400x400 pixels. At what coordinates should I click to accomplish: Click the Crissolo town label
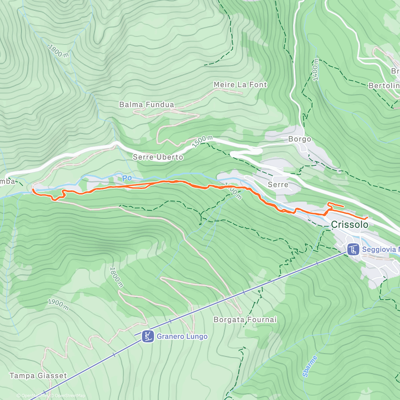[349, 225]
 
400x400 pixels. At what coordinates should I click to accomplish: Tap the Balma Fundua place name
[147, 105]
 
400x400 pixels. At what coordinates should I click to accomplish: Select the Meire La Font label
[240, 85]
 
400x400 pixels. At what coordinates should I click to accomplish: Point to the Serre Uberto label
[158, 157]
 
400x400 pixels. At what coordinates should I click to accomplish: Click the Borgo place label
[299, 139]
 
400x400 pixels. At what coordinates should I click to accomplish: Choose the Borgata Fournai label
[245, 320]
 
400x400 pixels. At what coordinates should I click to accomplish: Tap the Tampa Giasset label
[38, 376]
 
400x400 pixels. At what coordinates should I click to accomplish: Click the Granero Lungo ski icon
[147, 336]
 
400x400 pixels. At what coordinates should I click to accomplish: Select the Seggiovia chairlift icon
[353, 249]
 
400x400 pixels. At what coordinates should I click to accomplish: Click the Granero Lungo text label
[182, 336]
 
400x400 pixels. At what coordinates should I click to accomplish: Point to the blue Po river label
[127, 178]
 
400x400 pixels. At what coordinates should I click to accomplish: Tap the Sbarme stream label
[310, 366]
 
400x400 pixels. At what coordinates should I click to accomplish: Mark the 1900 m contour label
[58, 305]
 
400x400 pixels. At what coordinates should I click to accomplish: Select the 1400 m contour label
[315, 70]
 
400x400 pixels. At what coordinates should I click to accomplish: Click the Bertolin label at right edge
[384, 86]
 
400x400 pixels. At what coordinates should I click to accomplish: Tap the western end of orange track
[33, 190]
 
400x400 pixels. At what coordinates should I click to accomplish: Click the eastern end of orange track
[367, 218]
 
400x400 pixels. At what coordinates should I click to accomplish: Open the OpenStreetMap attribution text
[70, 396]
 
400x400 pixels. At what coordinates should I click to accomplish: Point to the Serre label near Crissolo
[278, 184]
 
